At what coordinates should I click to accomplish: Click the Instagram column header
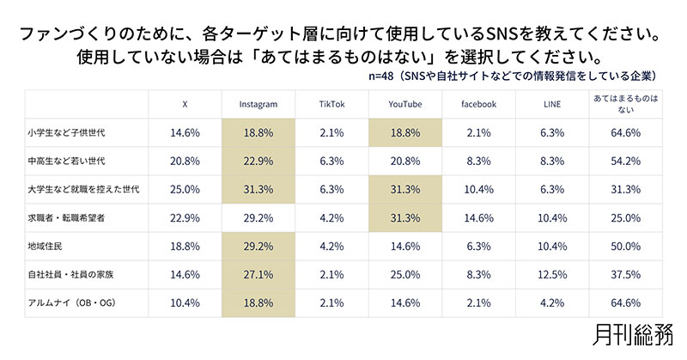coord(258,104)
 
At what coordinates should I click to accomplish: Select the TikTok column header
coord(331,104)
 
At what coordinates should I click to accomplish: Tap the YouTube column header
coord(404,104)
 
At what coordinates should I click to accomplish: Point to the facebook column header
coord(477,104)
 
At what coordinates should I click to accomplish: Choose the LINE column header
coord(550,104)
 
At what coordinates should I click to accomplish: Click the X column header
coord(185,104)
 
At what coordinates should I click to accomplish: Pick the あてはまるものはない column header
coord(626,104)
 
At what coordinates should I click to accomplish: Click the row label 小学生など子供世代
coord(78,134)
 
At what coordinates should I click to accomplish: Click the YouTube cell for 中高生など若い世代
coord(404,161)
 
